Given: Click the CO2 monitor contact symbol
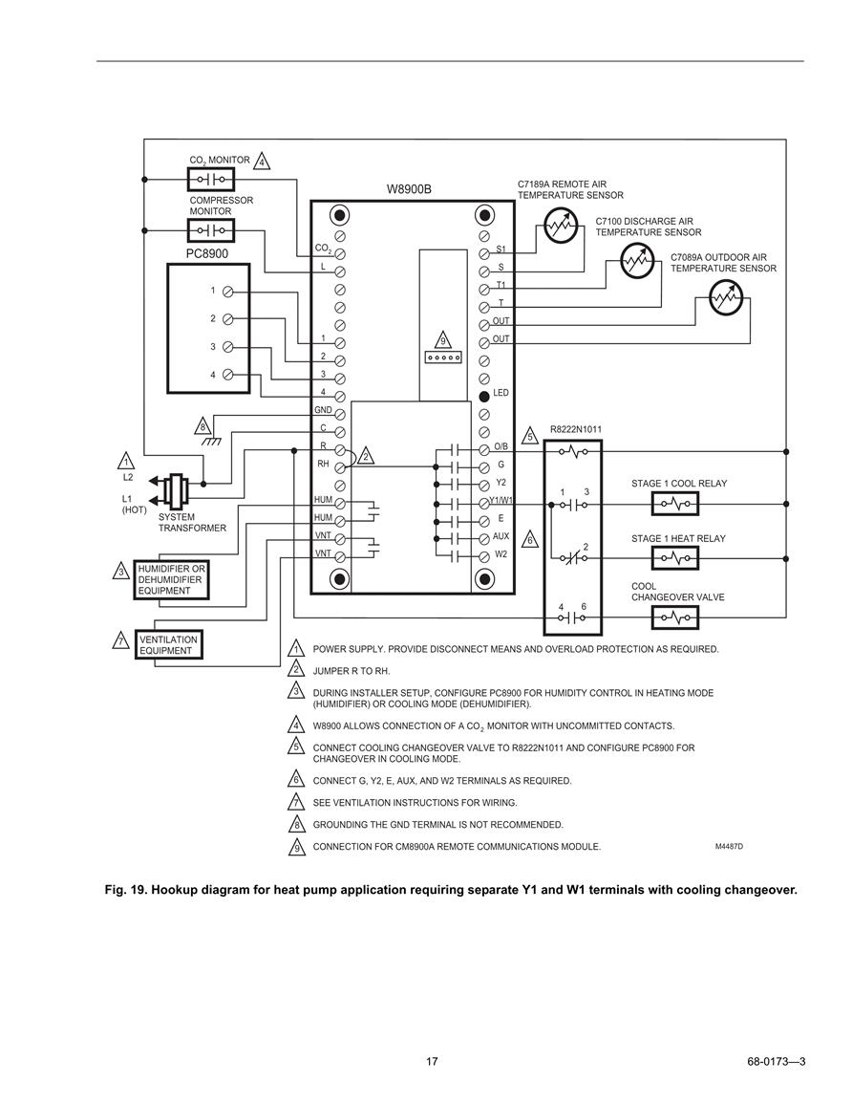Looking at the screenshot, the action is click(x=211, y=180).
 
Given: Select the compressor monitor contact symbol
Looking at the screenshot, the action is click(x=211, y=230).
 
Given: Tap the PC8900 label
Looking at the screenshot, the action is click(x=207, y=253).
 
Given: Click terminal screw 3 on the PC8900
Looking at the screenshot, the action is click(x=228, y=347).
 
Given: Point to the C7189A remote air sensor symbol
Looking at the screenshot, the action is click(x=561, y=226).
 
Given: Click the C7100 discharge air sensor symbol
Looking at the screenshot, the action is click(x=637, y=262).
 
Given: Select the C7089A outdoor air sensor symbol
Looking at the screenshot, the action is click(x=726, y=298).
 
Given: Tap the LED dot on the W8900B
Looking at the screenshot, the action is click(x=484, y=396).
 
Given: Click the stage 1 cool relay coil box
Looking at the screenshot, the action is click(x=675, y=504).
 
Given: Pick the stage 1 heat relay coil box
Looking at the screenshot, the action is click(x=675, y=559).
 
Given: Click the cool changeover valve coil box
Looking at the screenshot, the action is click(x=675, y=618).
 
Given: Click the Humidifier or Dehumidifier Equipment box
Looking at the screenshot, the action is click(x=172, y=580).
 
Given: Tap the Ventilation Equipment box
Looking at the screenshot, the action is click(x=169, y=645).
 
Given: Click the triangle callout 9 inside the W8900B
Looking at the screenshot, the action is click(x=442, y=340).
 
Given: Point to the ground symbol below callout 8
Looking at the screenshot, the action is click(x=210, y=442).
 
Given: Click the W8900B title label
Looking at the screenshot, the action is click(x=409, y=189).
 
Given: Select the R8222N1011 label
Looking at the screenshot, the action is click(x=576, y=429).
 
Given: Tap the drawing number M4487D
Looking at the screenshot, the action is click(x=729, y=846).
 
